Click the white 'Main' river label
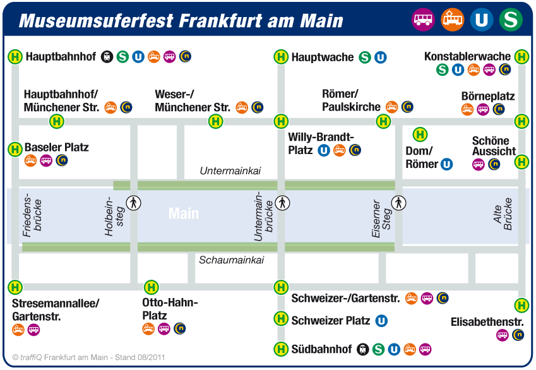click(x=184, y=213)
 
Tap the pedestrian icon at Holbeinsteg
click(x=133, y=203)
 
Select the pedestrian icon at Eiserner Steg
click(x=398, y=203)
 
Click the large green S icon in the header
click(x=511, y=20)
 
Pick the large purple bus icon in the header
click(x=423, y=20)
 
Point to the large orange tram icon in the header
click(x=452, y=20)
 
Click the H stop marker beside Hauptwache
click(x=281, y=57)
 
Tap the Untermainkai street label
click(x=230, y=170)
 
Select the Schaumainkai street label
click(x=232, y=260)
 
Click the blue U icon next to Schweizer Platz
click(x=381, y=321)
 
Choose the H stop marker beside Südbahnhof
click(x=281, y=349)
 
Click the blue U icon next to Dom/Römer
click(x=446, y=165)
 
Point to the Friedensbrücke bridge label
click(x=32, y=215)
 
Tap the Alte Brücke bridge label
click(x=503, y=215)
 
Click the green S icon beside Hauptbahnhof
click(x=122, y=56)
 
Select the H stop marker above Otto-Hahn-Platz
click(x=151, y=287)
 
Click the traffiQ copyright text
click(x=88, y=357)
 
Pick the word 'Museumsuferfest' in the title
click(x=97, y=21)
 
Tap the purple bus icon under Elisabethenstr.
click(x=502, y=335)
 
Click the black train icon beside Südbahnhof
click(x=362, y=349)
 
